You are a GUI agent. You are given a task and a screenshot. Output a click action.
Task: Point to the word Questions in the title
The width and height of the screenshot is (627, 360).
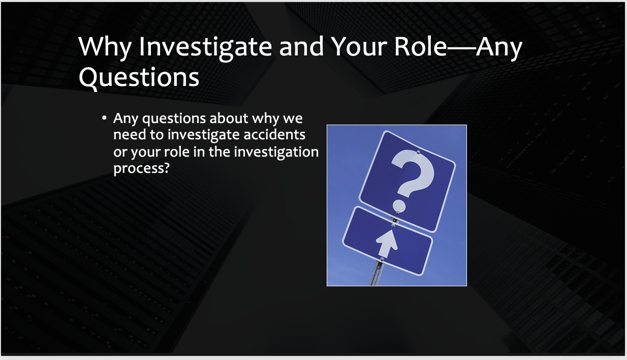(139, 78)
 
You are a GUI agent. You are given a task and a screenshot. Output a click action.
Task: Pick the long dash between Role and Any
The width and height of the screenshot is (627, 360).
(461, 48)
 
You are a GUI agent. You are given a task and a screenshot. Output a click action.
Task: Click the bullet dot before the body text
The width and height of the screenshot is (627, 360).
(104, 118)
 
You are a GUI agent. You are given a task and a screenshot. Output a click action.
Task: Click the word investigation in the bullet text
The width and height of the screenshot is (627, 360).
(276, 153)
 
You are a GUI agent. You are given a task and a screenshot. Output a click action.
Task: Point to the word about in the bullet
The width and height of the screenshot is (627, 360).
(229, 118)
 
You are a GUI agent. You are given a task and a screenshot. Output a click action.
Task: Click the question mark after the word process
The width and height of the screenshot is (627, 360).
(166, 168)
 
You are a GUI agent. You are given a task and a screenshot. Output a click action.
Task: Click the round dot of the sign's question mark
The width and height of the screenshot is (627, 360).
(399, 206)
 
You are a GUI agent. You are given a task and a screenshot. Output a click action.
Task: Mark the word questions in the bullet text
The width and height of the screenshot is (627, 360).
(174, 119)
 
